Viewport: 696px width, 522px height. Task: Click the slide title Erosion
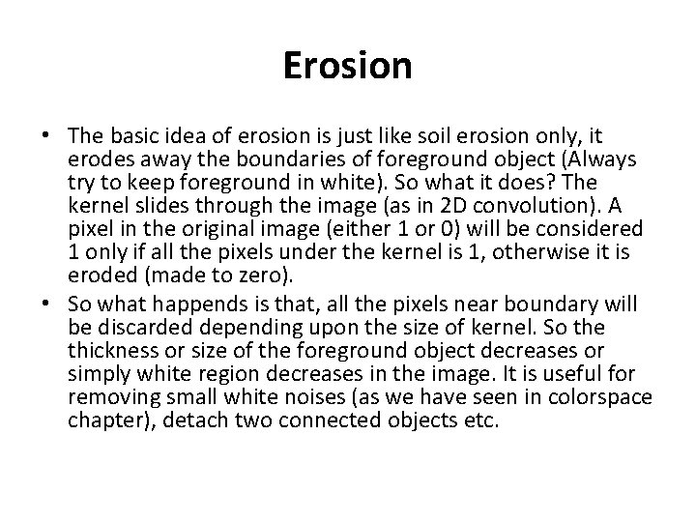tap(348, 67)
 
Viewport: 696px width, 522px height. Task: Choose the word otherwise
tap(538, 249)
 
